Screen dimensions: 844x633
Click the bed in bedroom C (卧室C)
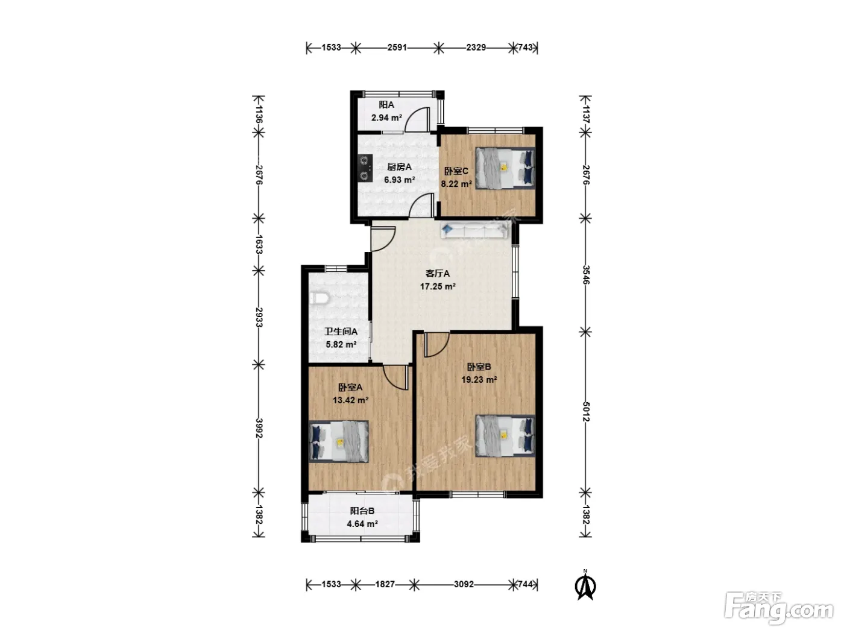pyautogui.click(x=505, y=168)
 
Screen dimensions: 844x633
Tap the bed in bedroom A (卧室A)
pyautogui.click(x=339, y=442)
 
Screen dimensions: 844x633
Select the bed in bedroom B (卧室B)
pyautogui.click(x=505, y=436)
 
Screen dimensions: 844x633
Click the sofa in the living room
pyautogui.click(x=474, y=230)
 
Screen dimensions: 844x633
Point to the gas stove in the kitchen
pyautogui.click(x=96, y=168)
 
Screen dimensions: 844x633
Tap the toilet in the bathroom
pyautogui.click(x=320, y=298)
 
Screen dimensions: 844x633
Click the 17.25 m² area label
pyautogui.click(x=438, y=286)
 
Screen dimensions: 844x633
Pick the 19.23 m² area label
pyautogui.click(x=479, y=380)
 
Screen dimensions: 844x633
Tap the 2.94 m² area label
pyautogui.click(x=386, y=118)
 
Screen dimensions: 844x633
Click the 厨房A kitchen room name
pyautogui.click(x=399, y=167)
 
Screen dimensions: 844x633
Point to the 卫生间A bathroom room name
pyautogui.click(x=341, y=332)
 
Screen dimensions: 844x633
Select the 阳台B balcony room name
pyautogui.click(x=362, y=511)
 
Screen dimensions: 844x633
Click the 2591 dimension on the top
pyautogui.click(x=397, y=47)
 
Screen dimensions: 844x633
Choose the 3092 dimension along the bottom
pyautogui.click(x=464, y=584)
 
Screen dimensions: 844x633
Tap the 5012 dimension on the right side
pyautogui.click(x=585, y=412)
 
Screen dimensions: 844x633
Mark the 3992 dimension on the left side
pyautogui.click(x=259, y=428)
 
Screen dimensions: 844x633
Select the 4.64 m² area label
pyautogui.click(x=362, y=524)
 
